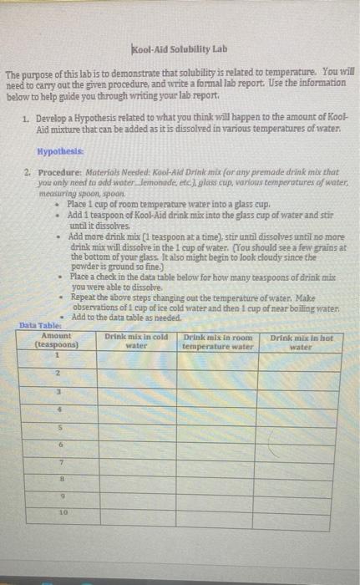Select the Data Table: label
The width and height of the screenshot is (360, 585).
coord(39,325)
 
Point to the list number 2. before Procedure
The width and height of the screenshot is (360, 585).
coord(28,170)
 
